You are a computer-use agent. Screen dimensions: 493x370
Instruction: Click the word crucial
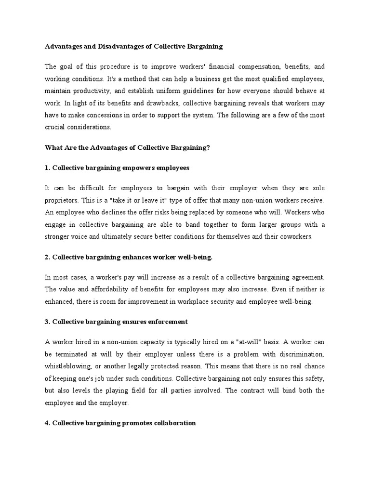[56, 128]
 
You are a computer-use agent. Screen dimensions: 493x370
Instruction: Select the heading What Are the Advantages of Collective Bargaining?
[128, 148]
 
